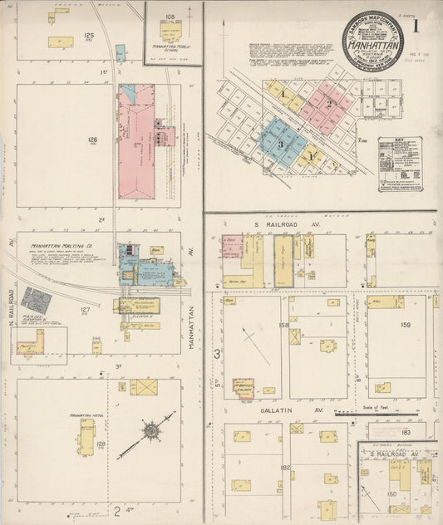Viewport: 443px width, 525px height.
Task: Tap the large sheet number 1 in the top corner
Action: [x=416, y=25]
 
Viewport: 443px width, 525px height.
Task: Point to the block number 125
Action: [x=90, y=36]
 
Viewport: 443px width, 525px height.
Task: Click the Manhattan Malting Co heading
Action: [x=61, y=246]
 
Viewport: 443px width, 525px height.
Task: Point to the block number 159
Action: [x=406, y=325]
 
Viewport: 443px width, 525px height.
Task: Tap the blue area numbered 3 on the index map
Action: [x=281, y=143]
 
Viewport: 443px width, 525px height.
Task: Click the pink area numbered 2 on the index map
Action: [x=329, y=104]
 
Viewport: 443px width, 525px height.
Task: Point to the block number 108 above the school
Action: [x=171, y=16]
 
